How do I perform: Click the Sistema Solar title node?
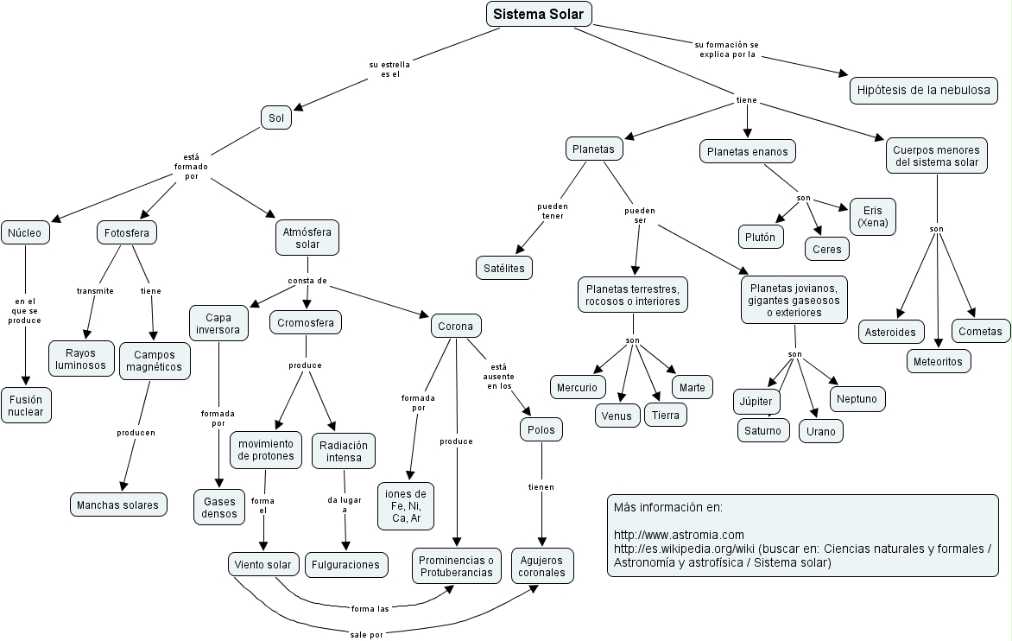point(540,14)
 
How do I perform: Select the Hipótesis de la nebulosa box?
point(923,90)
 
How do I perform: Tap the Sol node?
point(276,117)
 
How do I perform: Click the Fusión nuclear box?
point(26,405)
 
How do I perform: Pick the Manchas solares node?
point(117,505)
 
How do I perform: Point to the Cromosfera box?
point(307,323)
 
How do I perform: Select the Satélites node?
point(504,268)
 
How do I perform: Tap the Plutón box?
point(761,237)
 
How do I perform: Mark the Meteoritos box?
point(939,362)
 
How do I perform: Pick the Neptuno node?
point(857,399)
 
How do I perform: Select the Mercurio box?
point(577,387)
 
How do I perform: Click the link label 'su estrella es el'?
point(390,69)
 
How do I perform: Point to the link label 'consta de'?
point(307,281)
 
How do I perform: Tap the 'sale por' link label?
point(366,633)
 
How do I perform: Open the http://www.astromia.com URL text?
point(679,536)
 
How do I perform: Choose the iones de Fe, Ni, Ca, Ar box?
point(406,505)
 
